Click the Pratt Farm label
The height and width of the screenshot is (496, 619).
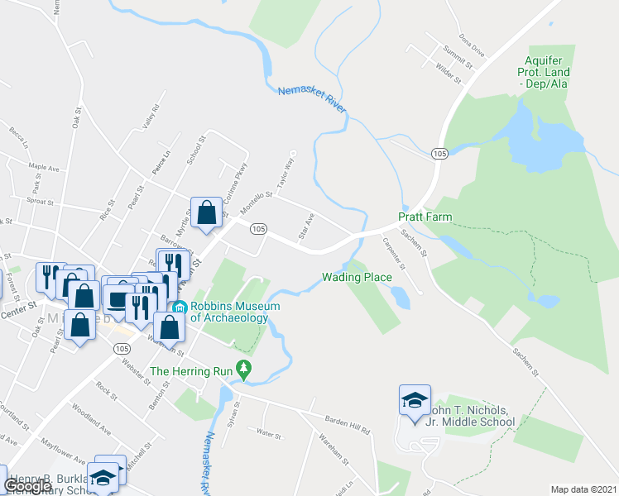coord(424,217)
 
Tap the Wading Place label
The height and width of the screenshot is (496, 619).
coord(357,277)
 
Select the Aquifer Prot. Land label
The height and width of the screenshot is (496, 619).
coord(547,72)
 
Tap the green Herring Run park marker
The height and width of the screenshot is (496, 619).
coord(243,369)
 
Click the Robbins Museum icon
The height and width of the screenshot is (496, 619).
coord(180,308)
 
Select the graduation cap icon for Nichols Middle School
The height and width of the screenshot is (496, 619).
coord(414,400)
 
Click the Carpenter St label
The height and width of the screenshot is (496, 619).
coord(394,254)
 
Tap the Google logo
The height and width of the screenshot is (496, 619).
coord(27,485)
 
